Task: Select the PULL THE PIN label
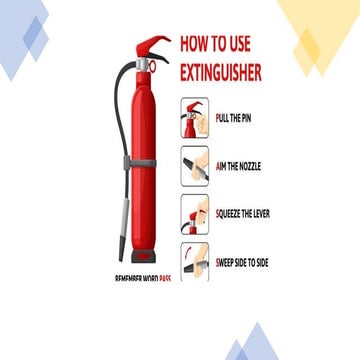[x=240, y=117]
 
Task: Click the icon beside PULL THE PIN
[x=195, y=118]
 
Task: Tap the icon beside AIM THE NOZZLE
[x=195, y=166]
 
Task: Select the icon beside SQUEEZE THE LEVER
[x=195, y=214]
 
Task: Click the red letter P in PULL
[x=218, y=117]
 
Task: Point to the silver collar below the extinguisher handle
[x=143, y=64]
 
